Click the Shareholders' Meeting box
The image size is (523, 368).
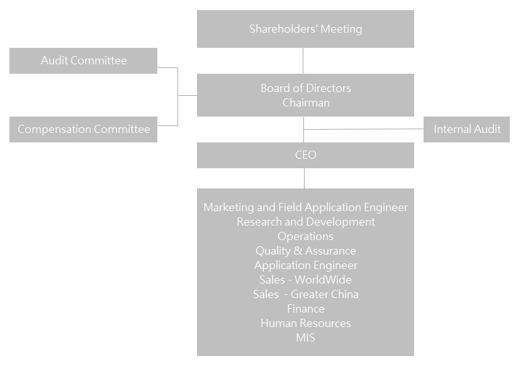305,29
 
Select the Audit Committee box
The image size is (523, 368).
83,60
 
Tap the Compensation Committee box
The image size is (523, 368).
83,129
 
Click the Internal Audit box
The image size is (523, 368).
466,129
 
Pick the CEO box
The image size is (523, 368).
305,155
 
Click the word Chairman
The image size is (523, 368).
306,103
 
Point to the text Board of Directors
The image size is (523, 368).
305,88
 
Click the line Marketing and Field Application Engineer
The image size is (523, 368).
305,207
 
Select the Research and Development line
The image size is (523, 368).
305,222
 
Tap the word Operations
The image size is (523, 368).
305,236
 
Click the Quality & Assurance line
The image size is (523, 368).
305,251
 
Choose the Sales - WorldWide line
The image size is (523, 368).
305,280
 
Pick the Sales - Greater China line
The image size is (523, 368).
305,294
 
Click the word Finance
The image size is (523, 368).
305,309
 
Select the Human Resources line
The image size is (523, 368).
305,323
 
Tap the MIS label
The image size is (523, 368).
305,338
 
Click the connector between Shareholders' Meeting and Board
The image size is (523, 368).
303,60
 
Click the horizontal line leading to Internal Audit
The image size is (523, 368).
364,129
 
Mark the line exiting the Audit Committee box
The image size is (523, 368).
167,68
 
